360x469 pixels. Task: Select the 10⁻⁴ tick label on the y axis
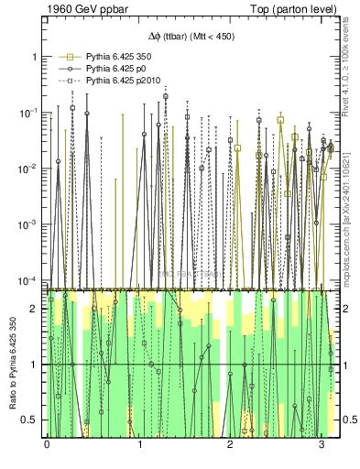pos(29,280)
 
